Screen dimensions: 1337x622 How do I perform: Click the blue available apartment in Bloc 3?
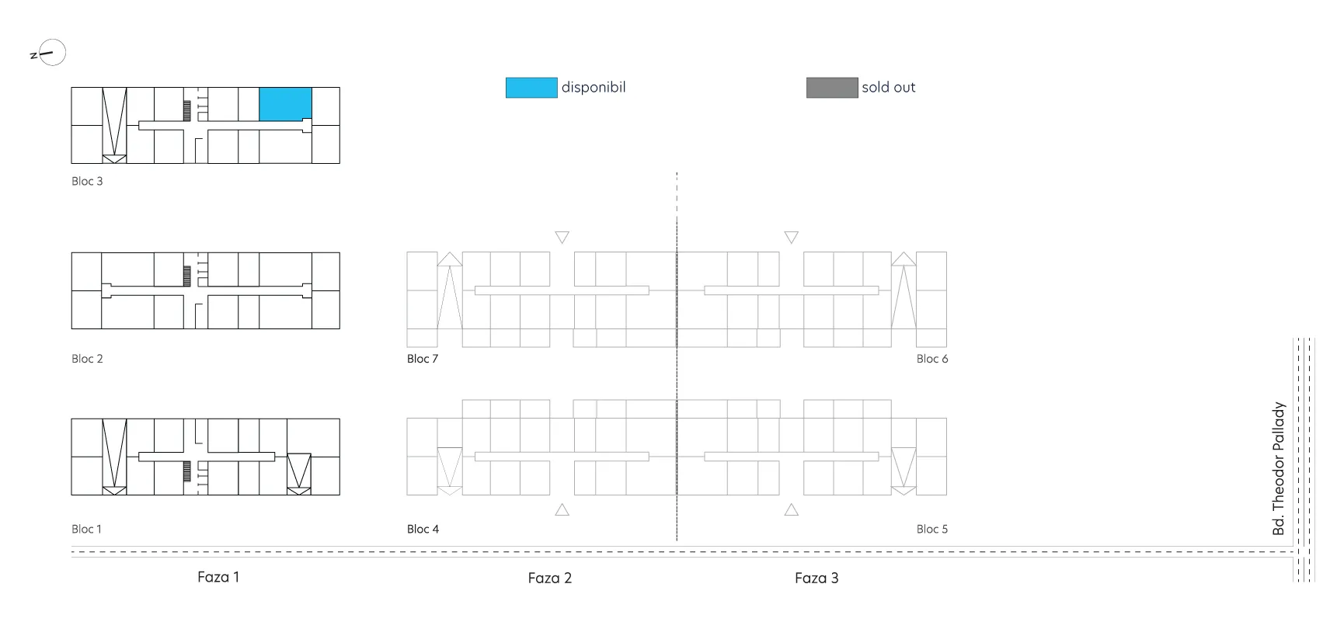[285, 104]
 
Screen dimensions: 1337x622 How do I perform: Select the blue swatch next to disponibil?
[531, 88]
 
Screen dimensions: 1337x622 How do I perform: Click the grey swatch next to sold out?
[832, 88]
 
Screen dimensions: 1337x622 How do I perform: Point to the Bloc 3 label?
[87, 181]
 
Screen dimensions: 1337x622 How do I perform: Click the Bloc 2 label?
[87, 359]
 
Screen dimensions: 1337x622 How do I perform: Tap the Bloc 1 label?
[86, 529]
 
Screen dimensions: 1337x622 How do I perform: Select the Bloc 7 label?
[423, 359]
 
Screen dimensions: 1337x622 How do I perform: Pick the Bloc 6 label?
[932, 359]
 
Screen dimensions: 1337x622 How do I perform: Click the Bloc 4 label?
[423, 529]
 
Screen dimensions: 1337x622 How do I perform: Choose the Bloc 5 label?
[932, 529]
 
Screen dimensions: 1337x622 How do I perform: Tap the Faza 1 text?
[218, 577]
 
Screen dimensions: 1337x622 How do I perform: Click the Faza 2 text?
[549, 578]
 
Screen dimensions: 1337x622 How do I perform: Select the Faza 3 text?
[816, 578]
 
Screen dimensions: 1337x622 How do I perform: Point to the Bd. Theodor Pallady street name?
[1279, 468]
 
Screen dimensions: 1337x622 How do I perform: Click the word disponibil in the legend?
[594, 87]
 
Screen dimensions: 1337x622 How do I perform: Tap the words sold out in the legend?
[889, 88]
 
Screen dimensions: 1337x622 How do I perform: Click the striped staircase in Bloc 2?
[187, 276]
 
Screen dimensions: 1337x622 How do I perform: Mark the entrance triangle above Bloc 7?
[562, 238]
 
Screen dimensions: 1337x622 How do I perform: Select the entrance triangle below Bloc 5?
[792, 509]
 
